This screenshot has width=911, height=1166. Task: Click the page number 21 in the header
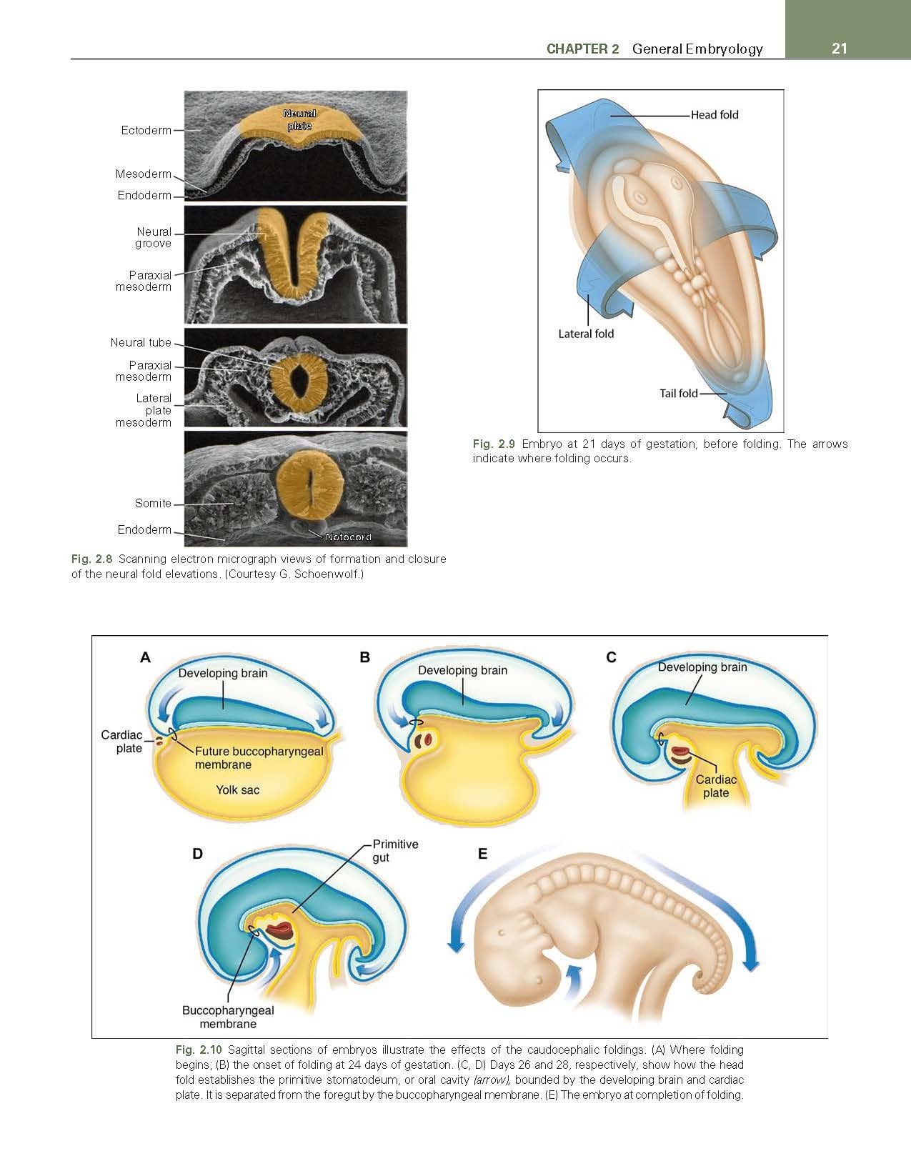[x=839, y=49]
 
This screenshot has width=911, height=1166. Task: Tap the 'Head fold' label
[x=714, y=115]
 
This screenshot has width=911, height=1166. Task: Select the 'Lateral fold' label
[x=586, y=334]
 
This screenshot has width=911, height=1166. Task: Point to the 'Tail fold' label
[x=679, y=394]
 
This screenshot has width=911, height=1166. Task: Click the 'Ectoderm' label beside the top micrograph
[x=146, y=131]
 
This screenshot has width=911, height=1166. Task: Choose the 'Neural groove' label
[x=154, y=238]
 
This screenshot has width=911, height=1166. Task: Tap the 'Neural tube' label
[x=141, y=342]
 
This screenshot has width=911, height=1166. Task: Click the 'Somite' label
[x=153, y=503]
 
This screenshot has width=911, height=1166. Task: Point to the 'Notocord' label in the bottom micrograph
[x=348, y=537]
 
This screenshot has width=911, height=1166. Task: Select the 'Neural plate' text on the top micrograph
[x=299, y=119]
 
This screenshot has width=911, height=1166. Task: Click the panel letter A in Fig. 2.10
[x=145, y=657]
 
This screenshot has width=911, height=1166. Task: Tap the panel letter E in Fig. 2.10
[x=483, y=854]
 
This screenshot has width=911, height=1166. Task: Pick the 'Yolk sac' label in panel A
[x=238, y=790]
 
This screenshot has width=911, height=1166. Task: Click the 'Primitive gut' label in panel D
[x=395, y=850]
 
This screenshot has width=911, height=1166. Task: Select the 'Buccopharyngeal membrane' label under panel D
[x=228, y=1017]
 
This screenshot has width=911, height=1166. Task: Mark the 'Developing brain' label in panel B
[x=462, y=670]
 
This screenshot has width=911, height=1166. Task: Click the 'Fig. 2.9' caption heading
[x=494, y=444]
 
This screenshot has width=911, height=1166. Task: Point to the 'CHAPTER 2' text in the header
[x=582, y=49]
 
